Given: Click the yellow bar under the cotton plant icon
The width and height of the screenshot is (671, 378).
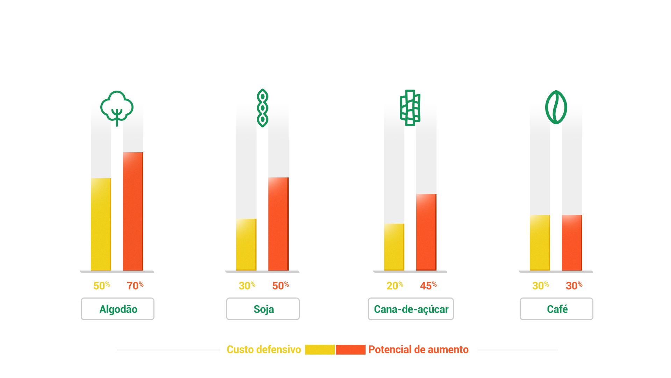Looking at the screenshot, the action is tap(101, 224).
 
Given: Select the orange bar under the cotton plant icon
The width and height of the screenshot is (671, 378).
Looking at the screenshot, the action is tap(133, 211).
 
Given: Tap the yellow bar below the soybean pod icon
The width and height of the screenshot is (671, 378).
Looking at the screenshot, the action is tap(246, 244).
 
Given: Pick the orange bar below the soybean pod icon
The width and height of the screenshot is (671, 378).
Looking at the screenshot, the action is tap(278, 224).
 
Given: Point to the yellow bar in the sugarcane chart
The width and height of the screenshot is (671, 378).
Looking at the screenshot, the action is tap(394, 247).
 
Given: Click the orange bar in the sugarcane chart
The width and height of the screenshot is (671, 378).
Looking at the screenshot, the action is tap(426, 232).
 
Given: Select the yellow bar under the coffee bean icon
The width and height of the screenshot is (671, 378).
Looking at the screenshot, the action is tap(540, 242).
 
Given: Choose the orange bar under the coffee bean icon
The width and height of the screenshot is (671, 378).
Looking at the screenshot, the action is tap(572, 242).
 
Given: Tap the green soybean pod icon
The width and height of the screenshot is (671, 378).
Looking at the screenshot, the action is tap(262, 108).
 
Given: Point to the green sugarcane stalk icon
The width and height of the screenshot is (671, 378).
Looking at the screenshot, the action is tap(410, 107).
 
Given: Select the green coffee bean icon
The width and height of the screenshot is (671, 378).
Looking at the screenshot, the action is tap(556, 107).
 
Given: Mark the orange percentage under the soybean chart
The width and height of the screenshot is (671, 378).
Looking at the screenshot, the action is tap(281, 285).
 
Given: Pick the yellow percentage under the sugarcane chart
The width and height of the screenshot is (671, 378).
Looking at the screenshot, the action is tap(395, 286).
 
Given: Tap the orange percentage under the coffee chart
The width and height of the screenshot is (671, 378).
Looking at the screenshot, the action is tap(574, 286).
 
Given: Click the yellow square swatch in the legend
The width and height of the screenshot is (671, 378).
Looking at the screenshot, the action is tap(319, 350).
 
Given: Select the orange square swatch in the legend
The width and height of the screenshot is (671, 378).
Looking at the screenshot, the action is tap(351, 350).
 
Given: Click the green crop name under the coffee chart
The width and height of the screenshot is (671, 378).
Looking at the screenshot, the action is tap(557, 309).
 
